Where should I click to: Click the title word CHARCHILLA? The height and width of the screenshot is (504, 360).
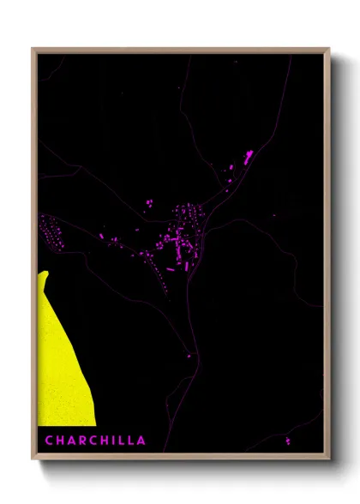click(x=95, y=441)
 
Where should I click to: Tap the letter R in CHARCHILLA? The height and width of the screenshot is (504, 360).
click(x=77, y=441)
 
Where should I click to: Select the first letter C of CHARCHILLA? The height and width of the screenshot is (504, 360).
click(x=49, y=441)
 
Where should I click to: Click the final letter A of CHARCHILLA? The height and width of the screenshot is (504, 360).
click(x=141, y=441)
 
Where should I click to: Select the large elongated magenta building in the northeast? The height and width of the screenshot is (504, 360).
click(x=249, y=157)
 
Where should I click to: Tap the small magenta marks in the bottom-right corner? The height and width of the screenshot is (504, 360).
click(x=287, y=441)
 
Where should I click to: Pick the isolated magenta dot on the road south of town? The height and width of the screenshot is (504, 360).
click(x=189, y=355)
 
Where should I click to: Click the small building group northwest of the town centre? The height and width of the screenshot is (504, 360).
click(x=148, y=203)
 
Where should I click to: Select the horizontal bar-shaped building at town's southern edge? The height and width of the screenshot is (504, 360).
click(x=170, y=269)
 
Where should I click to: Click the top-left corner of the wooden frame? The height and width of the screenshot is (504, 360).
click(x=33, y=49)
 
